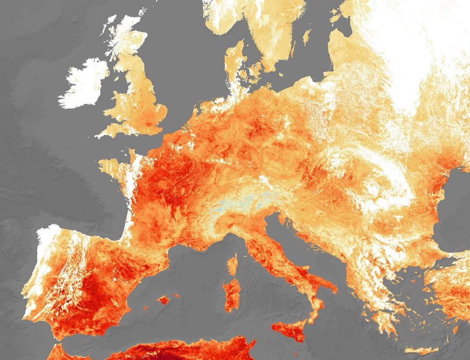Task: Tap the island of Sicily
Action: [289, 330]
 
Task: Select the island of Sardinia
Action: [232, 295]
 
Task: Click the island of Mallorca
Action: [164, 300]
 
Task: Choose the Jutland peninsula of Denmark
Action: [235, 65]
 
